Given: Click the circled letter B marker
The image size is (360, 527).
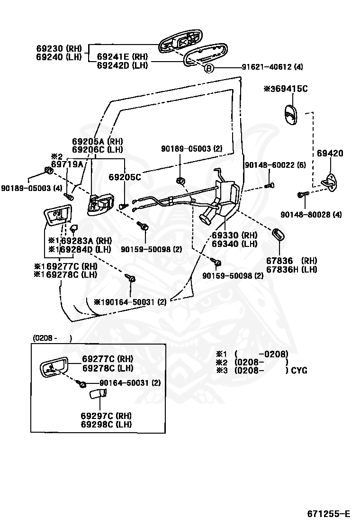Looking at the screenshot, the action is point(209,69).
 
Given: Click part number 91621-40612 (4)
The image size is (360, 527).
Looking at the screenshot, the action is point(272,67).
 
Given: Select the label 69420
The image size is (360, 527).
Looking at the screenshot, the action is point(330,153).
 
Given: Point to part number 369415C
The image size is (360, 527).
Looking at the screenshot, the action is point(285,89).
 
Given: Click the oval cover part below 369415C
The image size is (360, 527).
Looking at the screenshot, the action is point(291,115).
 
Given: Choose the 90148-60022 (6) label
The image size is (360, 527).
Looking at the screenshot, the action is point(275,165).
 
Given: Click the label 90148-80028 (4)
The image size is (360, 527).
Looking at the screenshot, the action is point(311,214).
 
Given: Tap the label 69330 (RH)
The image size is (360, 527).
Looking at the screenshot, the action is point(234,235).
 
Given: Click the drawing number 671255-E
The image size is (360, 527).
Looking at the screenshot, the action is point(328,514).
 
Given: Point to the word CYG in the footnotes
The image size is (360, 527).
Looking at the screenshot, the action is point(299,371).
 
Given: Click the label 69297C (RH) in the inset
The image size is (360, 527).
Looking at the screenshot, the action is point(106,416).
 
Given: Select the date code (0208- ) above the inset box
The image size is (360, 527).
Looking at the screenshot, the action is point(53,338).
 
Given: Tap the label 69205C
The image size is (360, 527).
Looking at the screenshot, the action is point(125,177).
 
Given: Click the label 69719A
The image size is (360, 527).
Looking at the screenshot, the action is point(67,164).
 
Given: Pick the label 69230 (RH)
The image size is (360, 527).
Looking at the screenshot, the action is point(59,48).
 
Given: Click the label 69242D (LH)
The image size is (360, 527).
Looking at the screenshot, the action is point(122,65).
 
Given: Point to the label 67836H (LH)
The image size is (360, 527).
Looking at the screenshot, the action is point(291,269).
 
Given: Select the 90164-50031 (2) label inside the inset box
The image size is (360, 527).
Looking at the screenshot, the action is point(130,383).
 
